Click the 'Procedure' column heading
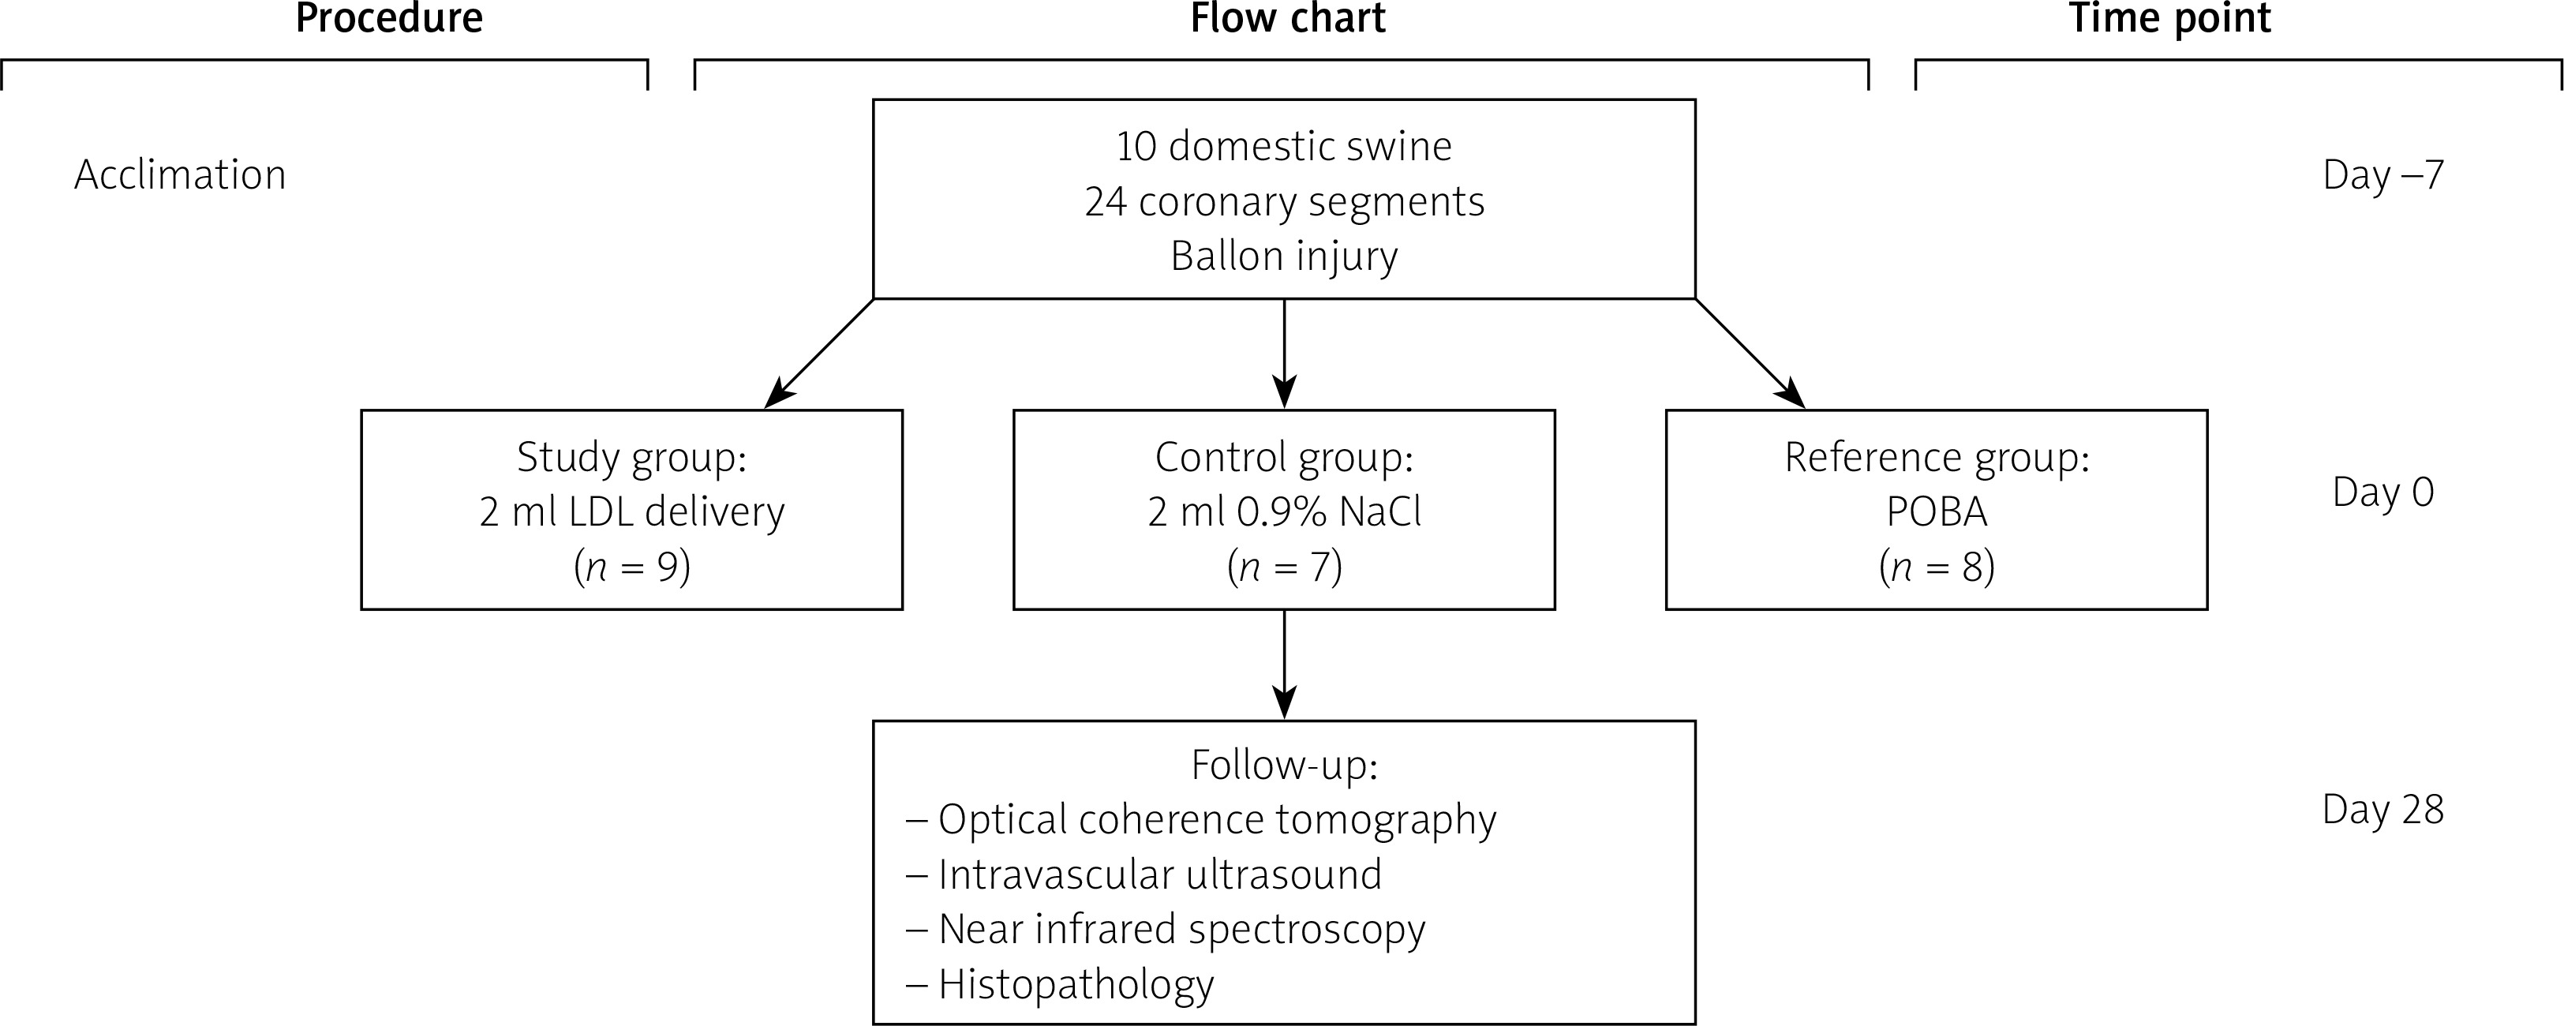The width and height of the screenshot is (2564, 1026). (389, 18)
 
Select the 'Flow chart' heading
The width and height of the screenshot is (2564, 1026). (1287, 18)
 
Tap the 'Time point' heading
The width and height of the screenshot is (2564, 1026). (2170, 18)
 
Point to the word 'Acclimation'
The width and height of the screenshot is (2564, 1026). (180, 175)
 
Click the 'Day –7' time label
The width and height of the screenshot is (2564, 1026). (2382, 175)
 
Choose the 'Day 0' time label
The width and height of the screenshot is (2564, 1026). (2382, 492)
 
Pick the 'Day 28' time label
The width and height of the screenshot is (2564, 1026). (2382, 810)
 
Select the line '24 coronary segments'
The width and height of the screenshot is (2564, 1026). (1284, 202)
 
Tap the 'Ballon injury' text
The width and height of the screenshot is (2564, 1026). (1284, 256)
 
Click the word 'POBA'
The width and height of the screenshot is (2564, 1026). (1937, 512)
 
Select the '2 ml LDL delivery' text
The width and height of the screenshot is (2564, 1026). (632, 512)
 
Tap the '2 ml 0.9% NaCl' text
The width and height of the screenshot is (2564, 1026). (1284, 512)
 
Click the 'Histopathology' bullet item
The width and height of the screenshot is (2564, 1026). (1075, 984)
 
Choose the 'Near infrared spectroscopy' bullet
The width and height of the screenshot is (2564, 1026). (1181, 930)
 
